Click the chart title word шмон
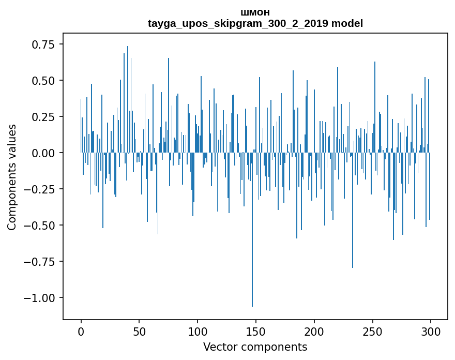(x=255, y=12)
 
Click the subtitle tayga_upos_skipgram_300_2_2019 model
(x=255, y=23)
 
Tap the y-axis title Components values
(x=11, y=177)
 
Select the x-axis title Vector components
(x=255, y=347)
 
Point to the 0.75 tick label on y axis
(x=43, y=44)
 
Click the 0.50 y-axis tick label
(x=43, y=81)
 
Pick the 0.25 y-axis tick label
(x=43, y=117)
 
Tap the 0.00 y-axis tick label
(x=43, y=153)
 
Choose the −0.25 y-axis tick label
(x=39, y=189)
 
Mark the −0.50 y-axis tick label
(x=39, y=226)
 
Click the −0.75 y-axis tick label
(x=39, y=262)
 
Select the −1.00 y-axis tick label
(x=39, y=298)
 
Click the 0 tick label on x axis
(x=81, y=332)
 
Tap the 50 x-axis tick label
(x=139, y=332)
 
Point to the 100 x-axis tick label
(x=198, y=332)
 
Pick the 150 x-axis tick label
(x=255, y=332)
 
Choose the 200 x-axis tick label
(x=314, y=332)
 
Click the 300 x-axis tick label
(x=431, y=332)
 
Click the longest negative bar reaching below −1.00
(x=252, y=229)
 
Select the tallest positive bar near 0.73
(x=128, y=99)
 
